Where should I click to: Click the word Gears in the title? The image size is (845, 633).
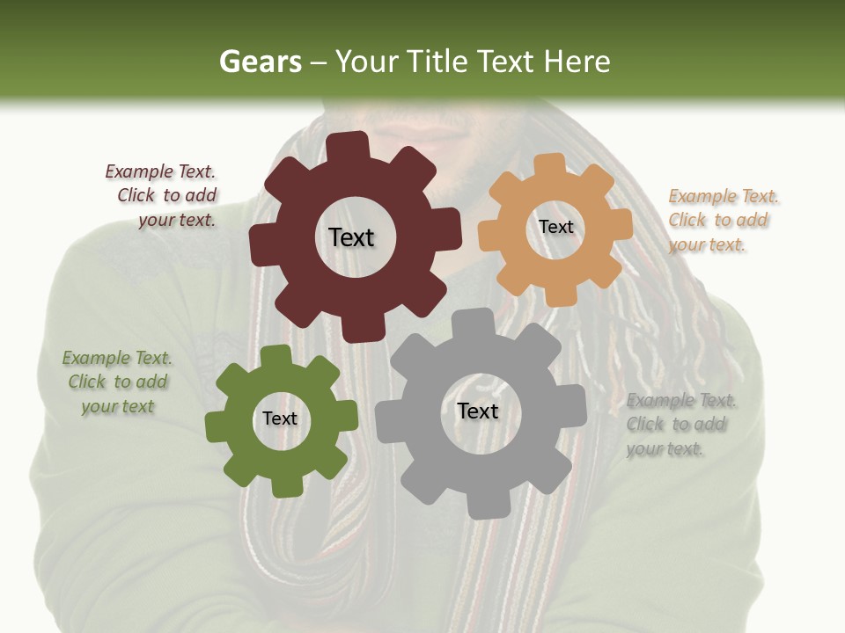click(260, 62)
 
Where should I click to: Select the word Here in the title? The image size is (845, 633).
click(577, 62)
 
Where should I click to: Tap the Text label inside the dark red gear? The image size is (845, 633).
click(351, 237)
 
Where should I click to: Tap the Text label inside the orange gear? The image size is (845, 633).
click(555, 227)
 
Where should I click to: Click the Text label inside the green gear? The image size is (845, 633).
click(280, 418)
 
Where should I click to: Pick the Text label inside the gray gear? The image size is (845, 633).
click(478, 411)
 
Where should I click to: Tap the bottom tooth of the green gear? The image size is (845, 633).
click(283, 485)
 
